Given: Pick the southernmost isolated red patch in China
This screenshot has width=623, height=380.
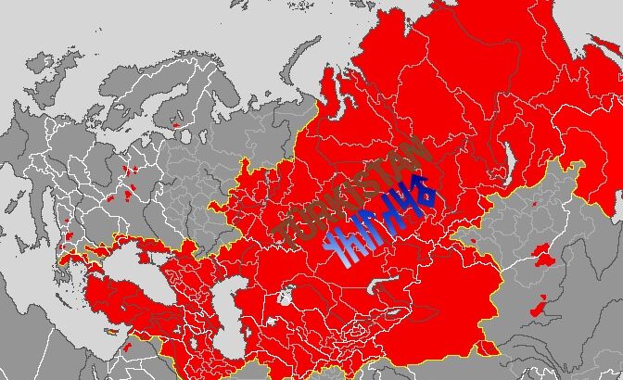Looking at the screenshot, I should point(538,306).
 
